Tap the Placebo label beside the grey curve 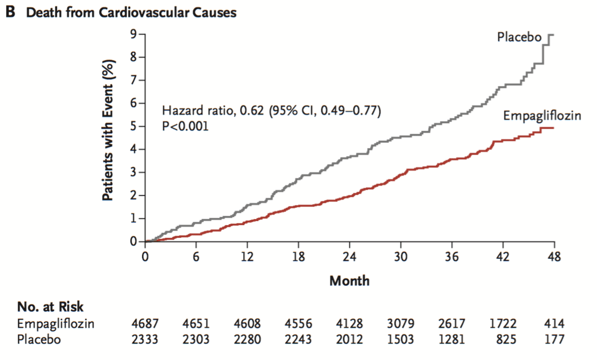[x=519, y=37]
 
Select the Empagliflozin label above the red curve [x=542, y=116]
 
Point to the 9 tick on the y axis [x=133, y=34]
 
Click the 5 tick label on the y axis [x=133, y=126]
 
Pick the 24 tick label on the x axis [x=349, y=257]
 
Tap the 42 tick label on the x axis [x=502, y=257]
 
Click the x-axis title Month [x=349, y=281]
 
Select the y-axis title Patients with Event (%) [x=108, y=131]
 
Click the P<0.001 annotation [x=186, y=126]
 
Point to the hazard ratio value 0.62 [x=251, y=110]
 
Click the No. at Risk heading [x=50, y=307]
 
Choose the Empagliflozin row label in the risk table [x=55, y=324]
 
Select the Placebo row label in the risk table [x=39, y=339]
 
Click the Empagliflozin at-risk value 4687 [x=145, y=323]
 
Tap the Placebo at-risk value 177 [x=554, y=339]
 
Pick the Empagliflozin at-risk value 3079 [x=401, y=323]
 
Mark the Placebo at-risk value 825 [x=506, y=339]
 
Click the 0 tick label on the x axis [x=145, y=257]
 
